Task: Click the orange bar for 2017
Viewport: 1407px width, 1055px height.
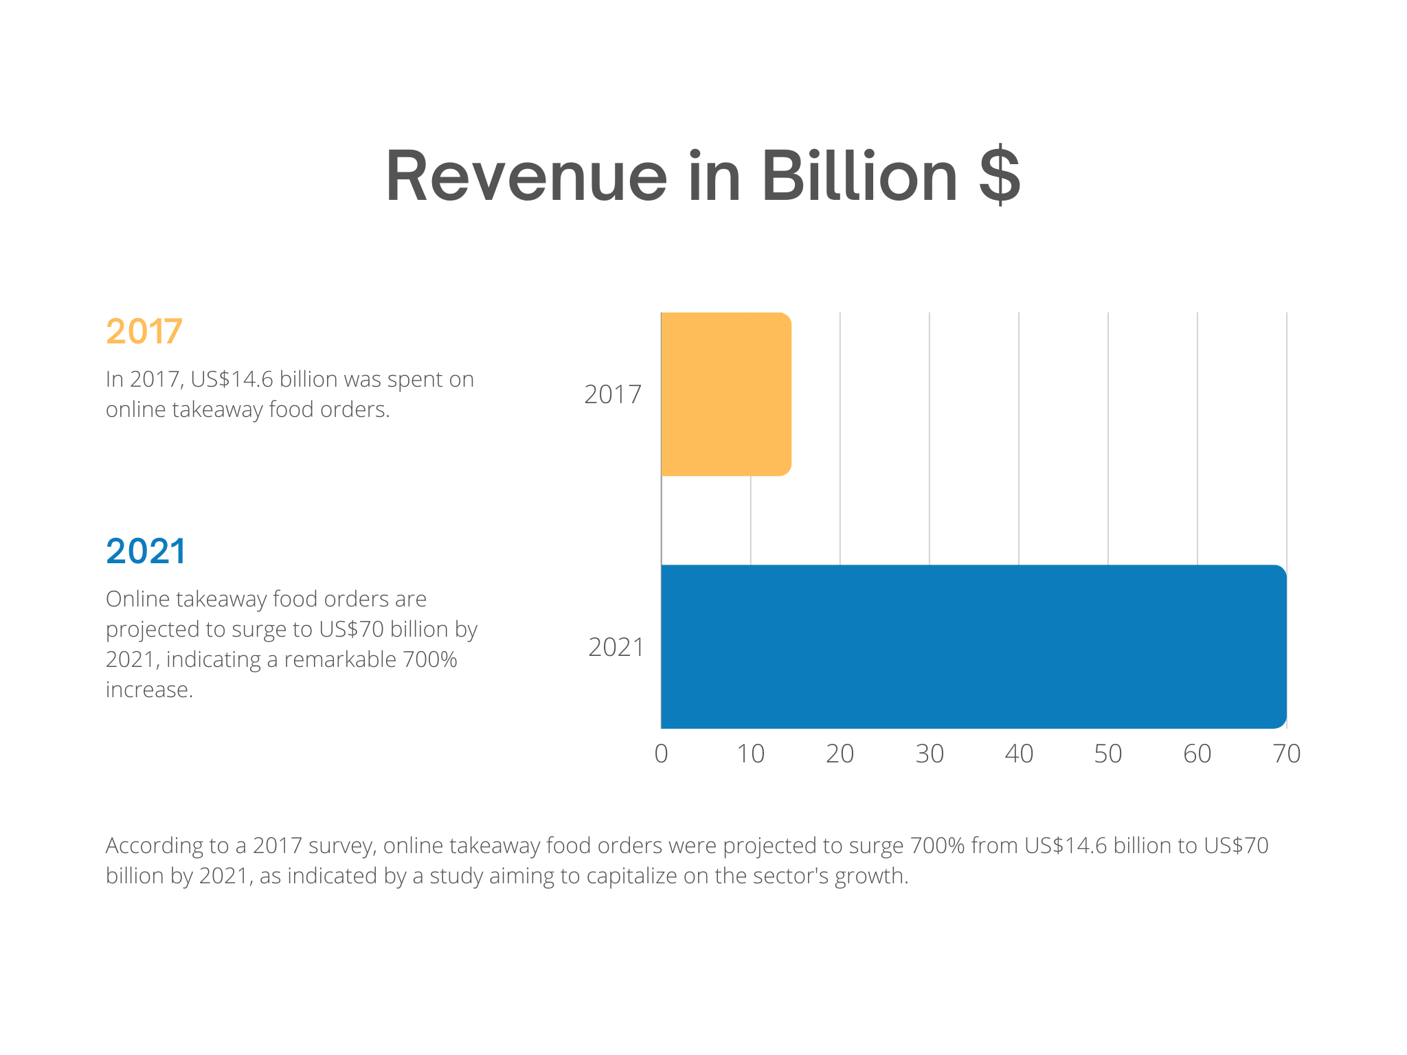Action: (725, 394)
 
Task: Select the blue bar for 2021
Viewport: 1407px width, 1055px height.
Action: (973, 646)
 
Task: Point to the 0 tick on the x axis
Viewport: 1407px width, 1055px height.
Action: (661, 754)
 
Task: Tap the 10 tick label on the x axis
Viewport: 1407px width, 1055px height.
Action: (750, 754)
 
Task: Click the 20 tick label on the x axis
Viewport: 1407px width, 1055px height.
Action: (840, 754)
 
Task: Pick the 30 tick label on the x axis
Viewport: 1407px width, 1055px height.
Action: (930, 754)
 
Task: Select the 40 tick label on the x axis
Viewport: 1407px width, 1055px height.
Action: (1019, 754)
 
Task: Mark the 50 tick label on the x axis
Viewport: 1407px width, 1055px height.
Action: (1108, 754)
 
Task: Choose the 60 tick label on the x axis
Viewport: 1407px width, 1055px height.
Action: (1197, 754)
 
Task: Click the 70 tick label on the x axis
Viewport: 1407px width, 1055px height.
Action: (1287, 754)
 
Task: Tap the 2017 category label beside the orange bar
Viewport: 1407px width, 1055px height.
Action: (612, 394)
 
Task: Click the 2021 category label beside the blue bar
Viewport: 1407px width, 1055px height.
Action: (616, 647)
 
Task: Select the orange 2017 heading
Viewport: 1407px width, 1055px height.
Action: (144, 331)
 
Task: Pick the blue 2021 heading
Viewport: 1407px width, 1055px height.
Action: (146, 551)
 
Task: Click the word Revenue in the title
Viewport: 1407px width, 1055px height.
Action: (526, 177)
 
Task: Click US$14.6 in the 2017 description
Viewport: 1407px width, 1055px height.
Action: (232, 379)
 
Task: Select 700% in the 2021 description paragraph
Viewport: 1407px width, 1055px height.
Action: (429, 659)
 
